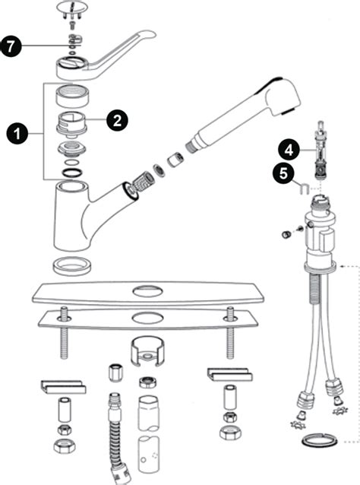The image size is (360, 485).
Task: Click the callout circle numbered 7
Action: [x=11, y=46]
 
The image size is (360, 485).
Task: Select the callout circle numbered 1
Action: [x=17, y=134]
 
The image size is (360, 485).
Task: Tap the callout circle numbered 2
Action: [x=117, y=120]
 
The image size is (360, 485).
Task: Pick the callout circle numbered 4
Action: [x=289, y=150]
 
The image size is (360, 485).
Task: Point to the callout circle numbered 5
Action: [x=283, y=173]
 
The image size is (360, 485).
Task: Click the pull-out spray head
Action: [x=244, y=114]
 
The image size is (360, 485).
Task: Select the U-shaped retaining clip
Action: [x=304, y=188]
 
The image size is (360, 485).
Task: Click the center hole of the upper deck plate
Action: [x=147, y=290]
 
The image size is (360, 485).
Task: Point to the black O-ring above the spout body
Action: [x=73, y=173]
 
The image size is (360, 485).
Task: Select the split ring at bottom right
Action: [x=320, y=439]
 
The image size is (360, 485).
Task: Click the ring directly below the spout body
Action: [x=73, y=265]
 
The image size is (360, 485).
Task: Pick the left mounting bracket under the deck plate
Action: [x=63, y=387]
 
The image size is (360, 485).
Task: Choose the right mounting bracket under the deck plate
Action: [x=229, y=374]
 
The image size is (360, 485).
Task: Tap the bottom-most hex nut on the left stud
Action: [x=65, y=446]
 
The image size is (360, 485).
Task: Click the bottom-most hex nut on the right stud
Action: [x=231, y=432]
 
